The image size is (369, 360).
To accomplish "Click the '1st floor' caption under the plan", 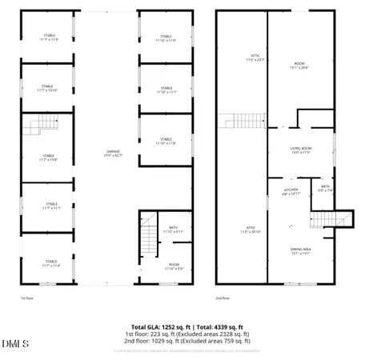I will click(x=27, y=298).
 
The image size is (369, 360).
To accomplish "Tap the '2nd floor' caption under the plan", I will click(x=223, y=298).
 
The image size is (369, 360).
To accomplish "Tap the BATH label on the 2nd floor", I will click(x=326, y=187).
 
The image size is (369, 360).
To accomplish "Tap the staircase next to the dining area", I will click(x=322, y=219).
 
